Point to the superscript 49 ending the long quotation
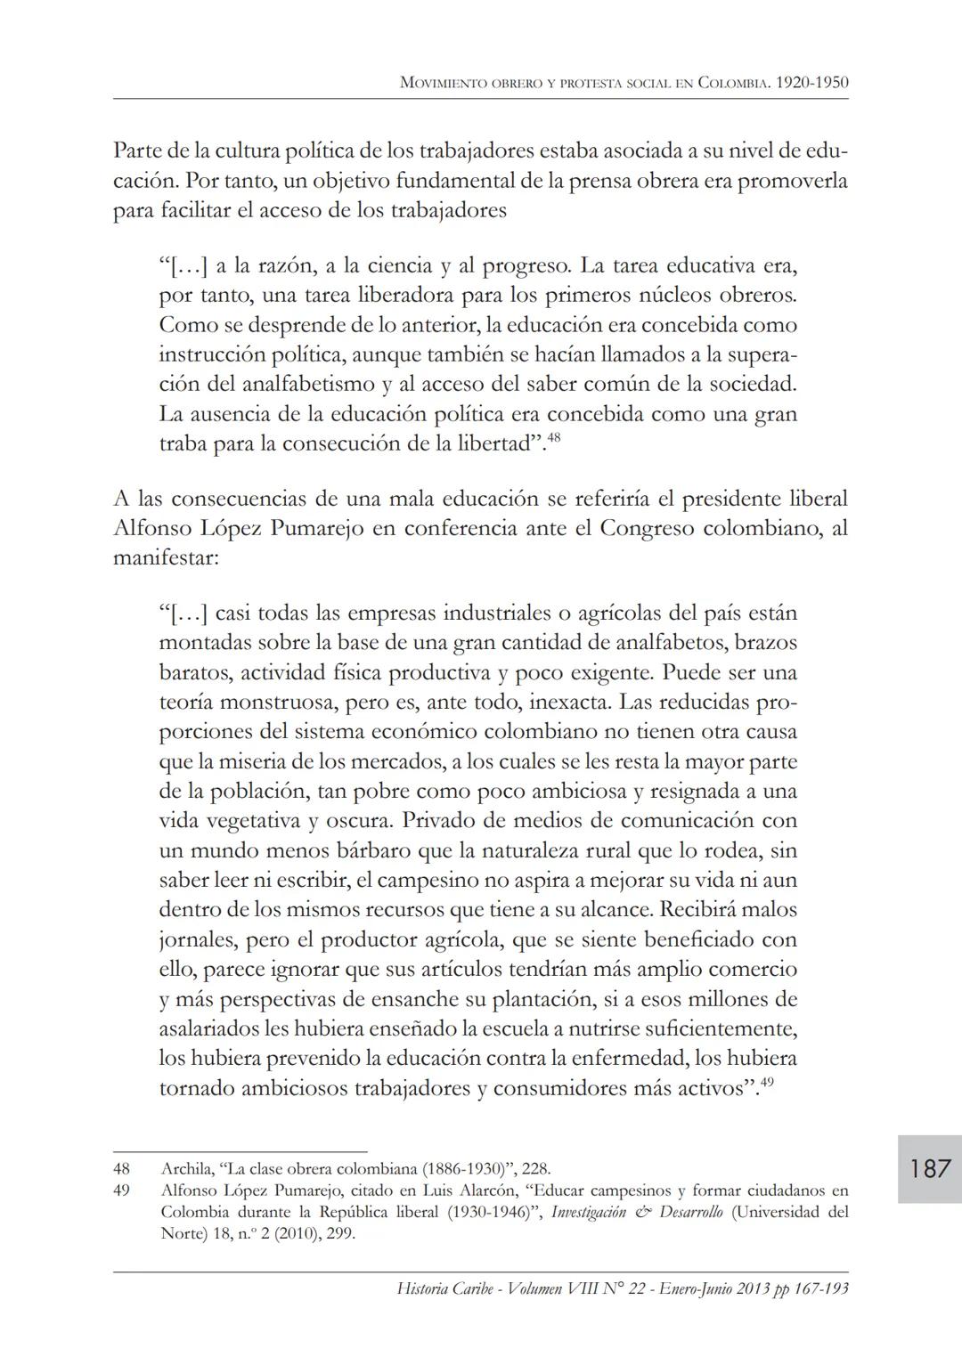tap(765, 1083)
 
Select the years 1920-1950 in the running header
tap(812, 83)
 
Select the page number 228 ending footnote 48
tap(537, 1168)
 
